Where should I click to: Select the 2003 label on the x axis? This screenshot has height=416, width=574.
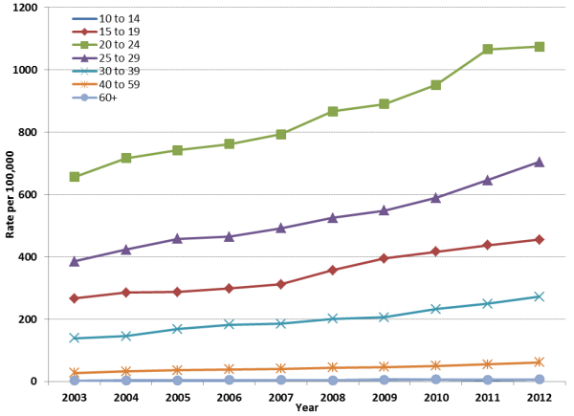[74, 395]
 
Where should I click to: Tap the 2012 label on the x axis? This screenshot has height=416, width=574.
[540, 395]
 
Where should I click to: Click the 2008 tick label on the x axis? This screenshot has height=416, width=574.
[332, 395]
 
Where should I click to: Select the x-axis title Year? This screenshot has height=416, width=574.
[306, 408]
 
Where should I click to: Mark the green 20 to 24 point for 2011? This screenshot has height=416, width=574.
[488, 49]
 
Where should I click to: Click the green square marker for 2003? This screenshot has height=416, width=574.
[74, 177]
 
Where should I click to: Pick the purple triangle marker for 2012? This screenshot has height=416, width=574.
[540, 162]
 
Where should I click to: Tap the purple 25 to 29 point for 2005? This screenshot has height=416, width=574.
[177, 238]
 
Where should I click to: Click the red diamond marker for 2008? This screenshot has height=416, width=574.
[332, 270]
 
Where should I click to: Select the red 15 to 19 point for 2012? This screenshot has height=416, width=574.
[540, 239]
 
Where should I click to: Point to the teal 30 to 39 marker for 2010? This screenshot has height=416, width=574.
[436, 309]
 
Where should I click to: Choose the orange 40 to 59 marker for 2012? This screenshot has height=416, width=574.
[540, 362]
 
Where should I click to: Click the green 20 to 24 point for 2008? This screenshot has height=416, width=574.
[332, 111]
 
